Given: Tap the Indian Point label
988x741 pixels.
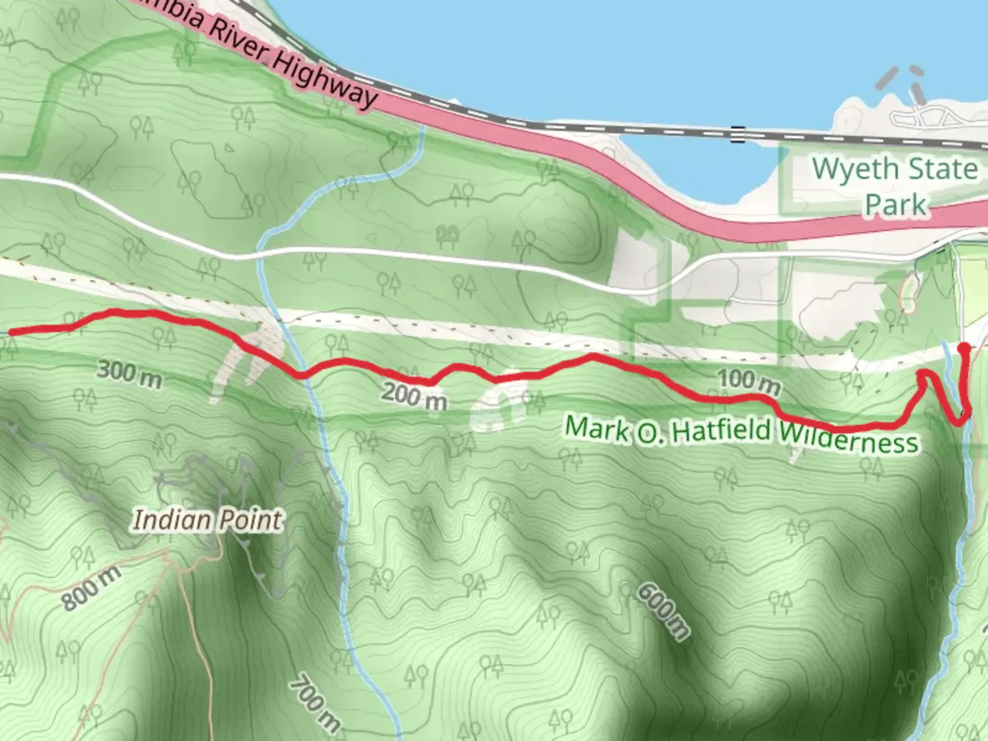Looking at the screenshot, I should (x=207, y=520).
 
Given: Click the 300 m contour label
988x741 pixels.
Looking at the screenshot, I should (x=129, y=374).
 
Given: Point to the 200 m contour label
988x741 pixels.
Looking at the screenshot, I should (x=414, y=397).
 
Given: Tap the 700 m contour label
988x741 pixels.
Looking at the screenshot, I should (x=314, y=703).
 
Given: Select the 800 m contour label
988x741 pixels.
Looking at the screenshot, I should (x=91, y=589).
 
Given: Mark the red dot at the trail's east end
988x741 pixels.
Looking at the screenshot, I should (x=965, y=348).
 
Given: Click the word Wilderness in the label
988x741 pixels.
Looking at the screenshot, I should (x=848, y=437).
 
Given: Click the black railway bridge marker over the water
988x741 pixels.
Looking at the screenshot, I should (x=738, y=134).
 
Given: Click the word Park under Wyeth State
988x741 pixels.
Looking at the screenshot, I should (x=896, y=204).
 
